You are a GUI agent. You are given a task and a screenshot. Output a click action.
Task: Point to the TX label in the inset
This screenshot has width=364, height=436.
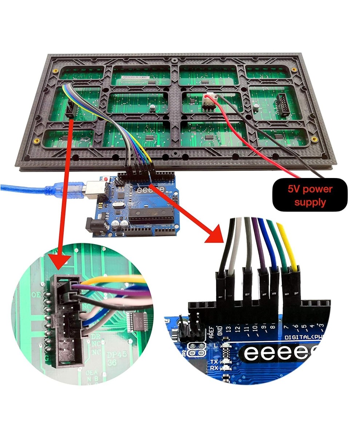pyautogui.click(x=214, y=362)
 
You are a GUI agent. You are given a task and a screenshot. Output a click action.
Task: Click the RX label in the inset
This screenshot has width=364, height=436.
pyautogui.click(x=214, y=368)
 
